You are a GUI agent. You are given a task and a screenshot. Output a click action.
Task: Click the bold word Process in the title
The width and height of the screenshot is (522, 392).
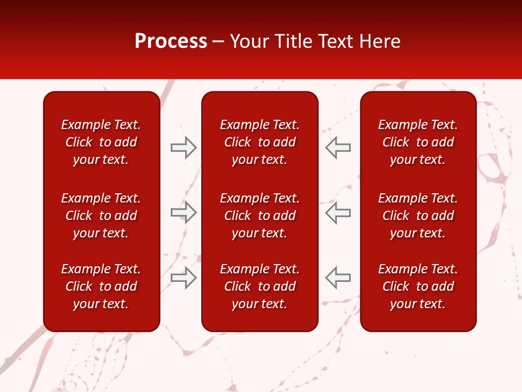pos(171,41)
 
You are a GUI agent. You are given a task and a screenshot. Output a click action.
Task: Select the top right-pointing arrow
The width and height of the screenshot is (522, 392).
pos(183,148)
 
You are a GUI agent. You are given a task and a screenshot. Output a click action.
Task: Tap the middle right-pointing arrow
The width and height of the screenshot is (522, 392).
pos(183,213)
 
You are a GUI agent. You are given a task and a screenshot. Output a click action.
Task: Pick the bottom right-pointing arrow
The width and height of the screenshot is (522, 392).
pos(183,278)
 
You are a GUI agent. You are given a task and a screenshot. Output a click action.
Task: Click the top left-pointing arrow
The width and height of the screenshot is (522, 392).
pos(338,148)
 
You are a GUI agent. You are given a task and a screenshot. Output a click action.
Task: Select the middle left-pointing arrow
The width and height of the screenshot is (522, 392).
pos(338,213)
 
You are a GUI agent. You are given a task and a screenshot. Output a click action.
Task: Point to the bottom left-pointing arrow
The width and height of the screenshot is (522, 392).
pos(338,278)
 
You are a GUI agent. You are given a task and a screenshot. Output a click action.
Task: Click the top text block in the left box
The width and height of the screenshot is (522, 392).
pos(101,142)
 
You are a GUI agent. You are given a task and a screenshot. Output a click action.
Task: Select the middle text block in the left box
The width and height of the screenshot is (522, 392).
pos(101,216)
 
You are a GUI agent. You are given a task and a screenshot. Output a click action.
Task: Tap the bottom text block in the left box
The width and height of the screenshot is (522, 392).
pos(101,286)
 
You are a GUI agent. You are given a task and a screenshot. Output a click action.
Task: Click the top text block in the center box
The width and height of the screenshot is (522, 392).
pos(259,142)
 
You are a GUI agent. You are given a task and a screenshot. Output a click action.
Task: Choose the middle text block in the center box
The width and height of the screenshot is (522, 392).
pos(259,216)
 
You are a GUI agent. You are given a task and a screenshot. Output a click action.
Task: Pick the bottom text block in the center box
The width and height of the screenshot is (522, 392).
pos(259,286)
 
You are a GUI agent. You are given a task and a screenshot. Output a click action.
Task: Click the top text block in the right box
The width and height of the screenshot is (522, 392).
pos(418,142)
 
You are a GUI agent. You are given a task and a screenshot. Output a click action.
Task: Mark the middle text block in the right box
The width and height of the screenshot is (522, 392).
pos(418,216)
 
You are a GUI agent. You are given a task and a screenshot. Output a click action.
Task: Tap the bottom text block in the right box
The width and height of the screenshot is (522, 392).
pos(418,286)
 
